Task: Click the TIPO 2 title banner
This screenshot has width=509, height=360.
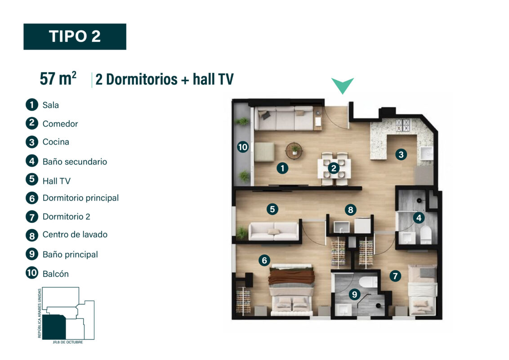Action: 75,36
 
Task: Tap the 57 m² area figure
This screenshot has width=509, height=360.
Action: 58,79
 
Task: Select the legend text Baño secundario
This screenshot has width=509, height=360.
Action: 75,162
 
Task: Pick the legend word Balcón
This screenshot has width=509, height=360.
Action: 55,274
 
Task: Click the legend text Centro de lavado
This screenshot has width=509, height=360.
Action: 75,234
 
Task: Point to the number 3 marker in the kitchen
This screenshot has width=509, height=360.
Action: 401,154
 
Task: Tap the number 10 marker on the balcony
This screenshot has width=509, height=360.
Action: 242,147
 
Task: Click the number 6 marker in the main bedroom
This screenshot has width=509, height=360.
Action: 264,260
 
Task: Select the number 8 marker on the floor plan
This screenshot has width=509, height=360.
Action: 350,210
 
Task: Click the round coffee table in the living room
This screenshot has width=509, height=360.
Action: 294,150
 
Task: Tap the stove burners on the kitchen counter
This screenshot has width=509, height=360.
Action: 403,126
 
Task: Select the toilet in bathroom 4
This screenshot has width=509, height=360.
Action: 425,234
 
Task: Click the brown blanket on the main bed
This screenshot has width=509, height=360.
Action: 291,276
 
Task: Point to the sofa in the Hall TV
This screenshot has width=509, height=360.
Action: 274,231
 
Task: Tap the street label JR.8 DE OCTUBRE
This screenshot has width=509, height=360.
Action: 68,342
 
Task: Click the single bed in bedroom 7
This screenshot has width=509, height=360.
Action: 422,290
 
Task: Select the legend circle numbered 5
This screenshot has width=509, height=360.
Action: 32,179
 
